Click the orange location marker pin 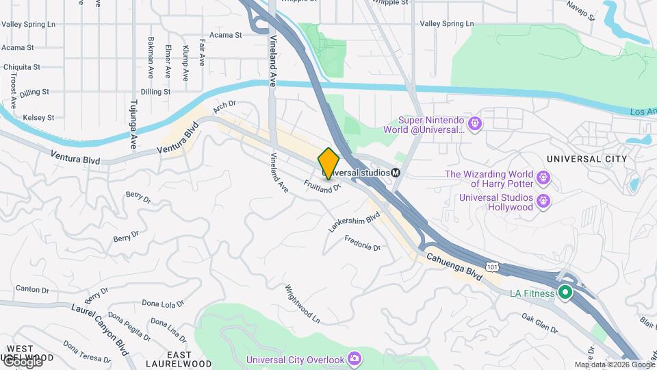click(329, 164)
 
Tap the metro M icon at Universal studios click(396, 173)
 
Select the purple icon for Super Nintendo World click(475, 124)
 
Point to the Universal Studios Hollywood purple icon click(543, 201)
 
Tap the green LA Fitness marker click(565, 293)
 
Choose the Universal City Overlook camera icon click(354, 358)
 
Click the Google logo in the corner click(22, 361)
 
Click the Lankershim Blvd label click(354, 223)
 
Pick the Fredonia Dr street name click(362, 243)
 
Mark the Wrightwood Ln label click(302, 304)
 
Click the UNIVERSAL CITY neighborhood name click(587, 159)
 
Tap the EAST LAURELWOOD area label click(188, 359)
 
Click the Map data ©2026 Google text click(615, 365)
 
